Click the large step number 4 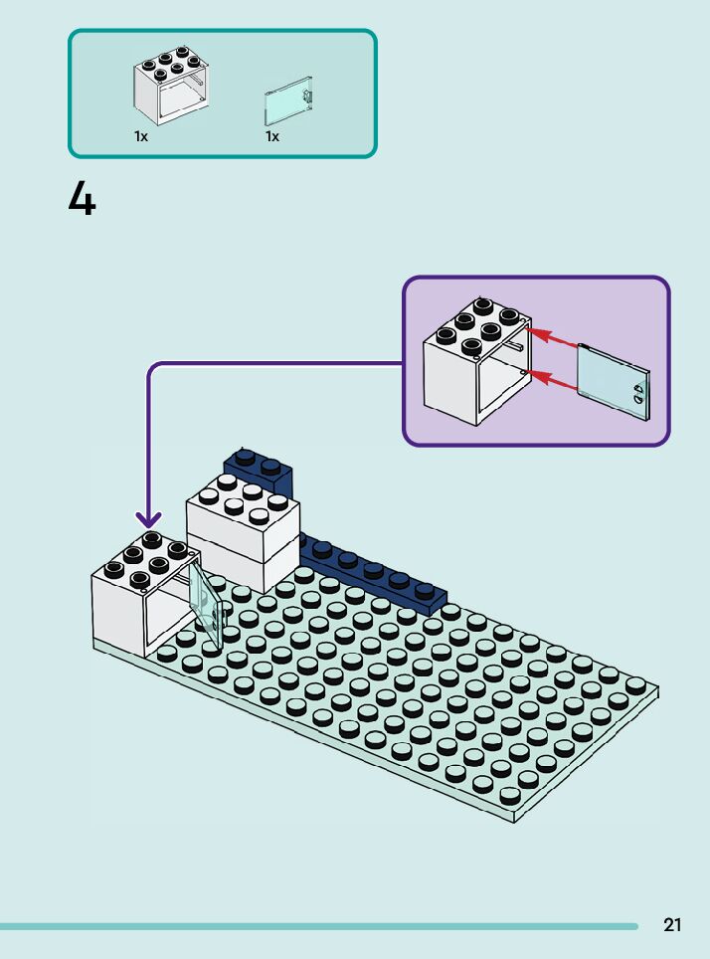[x=82, y=200]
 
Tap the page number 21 [x=672, y=925]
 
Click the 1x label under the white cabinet [x=141, y=136]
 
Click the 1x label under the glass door [x=271, y=136]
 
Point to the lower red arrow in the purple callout [x=552, y=379]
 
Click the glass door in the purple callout [x=611, y=382]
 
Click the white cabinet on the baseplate [x=134, y=597]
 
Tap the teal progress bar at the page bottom [x=318, y=926]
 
